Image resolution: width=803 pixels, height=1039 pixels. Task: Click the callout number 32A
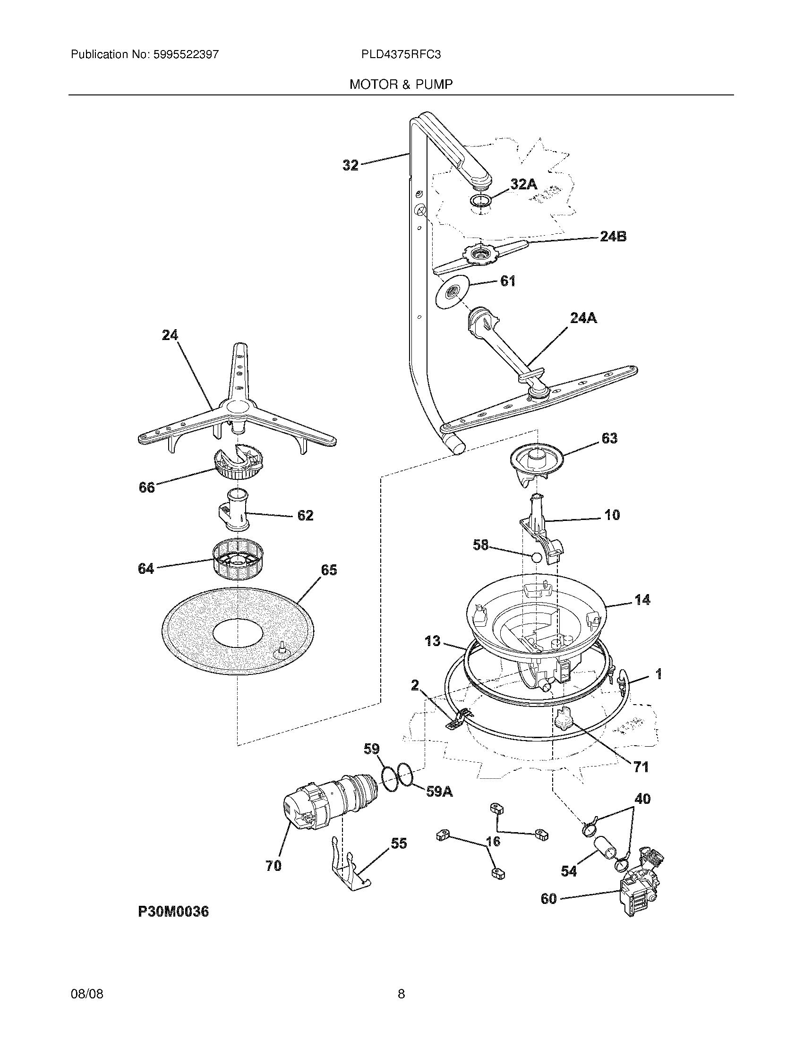click(523, 184)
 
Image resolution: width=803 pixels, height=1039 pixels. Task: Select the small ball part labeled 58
click(536, 558)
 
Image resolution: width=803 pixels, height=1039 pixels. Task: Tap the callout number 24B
click(613, 236)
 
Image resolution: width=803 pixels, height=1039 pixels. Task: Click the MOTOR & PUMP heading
click(401, 85)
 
